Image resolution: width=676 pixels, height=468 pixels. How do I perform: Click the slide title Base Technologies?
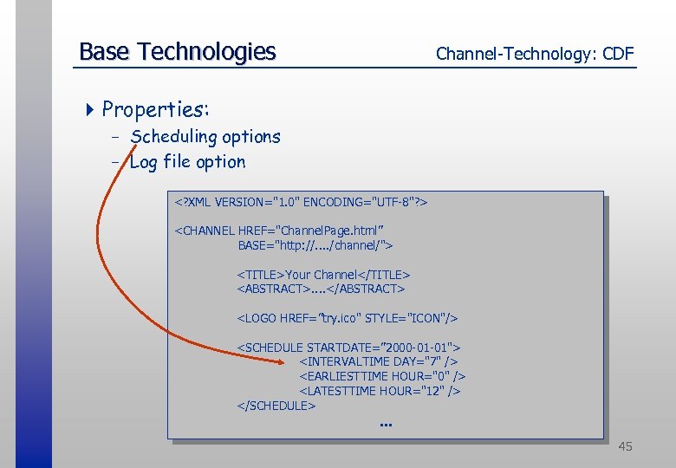(x=177, y=52)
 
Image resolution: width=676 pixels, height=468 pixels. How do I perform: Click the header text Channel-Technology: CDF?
(x=535, y=55)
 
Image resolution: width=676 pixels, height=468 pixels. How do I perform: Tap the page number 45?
(x=625, y=446)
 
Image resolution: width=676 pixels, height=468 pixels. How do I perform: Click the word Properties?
(x=155, y=109)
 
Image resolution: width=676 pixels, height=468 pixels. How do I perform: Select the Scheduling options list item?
(x=205, y=136)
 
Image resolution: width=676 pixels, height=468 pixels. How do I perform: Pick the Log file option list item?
(x=187, y=161)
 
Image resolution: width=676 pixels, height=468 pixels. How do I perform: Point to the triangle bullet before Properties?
(x=92, y=109)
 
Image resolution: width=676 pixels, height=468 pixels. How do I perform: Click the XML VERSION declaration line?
(x=302, y=202)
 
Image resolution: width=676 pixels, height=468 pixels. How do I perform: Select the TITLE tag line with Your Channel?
(x=323, y=275)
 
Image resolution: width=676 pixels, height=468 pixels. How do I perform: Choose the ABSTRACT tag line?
(x=321, y=289)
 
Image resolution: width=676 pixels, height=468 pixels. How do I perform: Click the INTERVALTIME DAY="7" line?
(x=379, y=361)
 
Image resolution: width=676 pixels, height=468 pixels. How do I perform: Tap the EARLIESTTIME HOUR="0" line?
(x=382, y=376)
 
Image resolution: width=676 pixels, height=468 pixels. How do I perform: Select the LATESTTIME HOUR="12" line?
(x=380, y=391)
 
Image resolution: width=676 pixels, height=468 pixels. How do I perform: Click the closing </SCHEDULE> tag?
(x=276, y=406)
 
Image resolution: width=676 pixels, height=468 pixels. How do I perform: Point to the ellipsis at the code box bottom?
(x=386, y=425)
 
